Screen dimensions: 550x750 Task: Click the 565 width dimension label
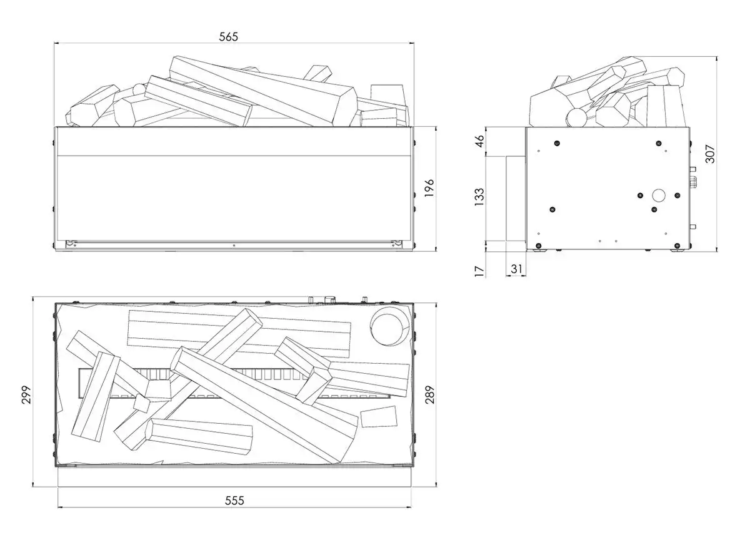(229, 37)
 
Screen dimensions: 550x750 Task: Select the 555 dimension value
(234, 500)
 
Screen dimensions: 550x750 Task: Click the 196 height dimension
(429, 188)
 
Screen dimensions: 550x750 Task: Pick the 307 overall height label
(710, 150)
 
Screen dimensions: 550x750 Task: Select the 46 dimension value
(479, 141)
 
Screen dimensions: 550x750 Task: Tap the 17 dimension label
(479, 270)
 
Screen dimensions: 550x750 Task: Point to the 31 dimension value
(516, 269)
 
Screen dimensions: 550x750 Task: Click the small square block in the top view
(379, 416)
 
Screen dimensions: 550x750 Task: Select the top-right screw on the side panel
(657, 144)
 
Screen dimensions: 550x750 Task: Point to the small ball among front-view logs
(137, 89)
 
